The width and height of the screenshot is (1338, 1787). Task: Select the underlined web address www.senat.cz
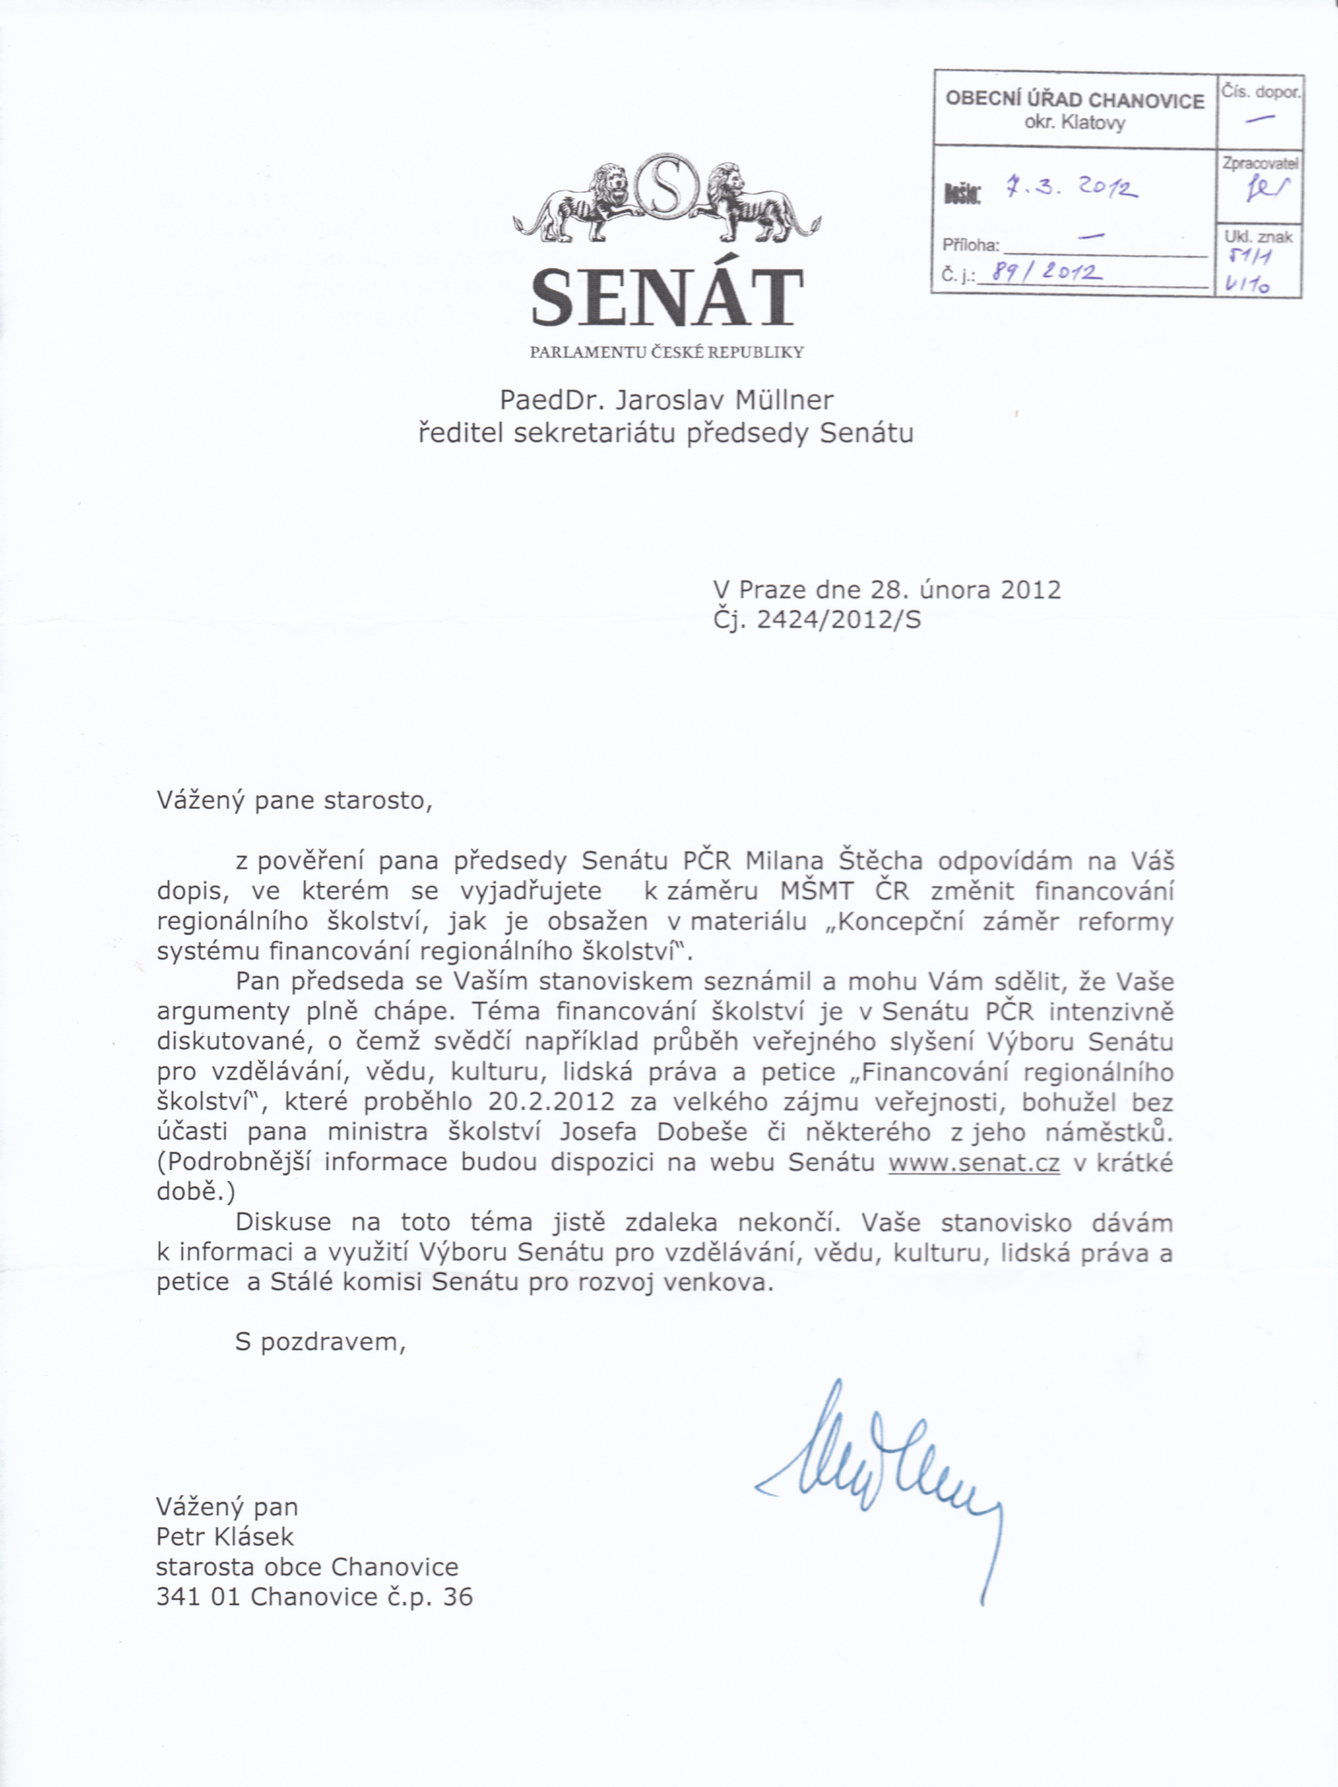(x=974, y=1163)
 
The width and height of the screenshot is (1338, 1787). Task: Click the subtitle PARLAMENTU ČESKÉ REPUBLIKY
(x=667, y=352)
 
